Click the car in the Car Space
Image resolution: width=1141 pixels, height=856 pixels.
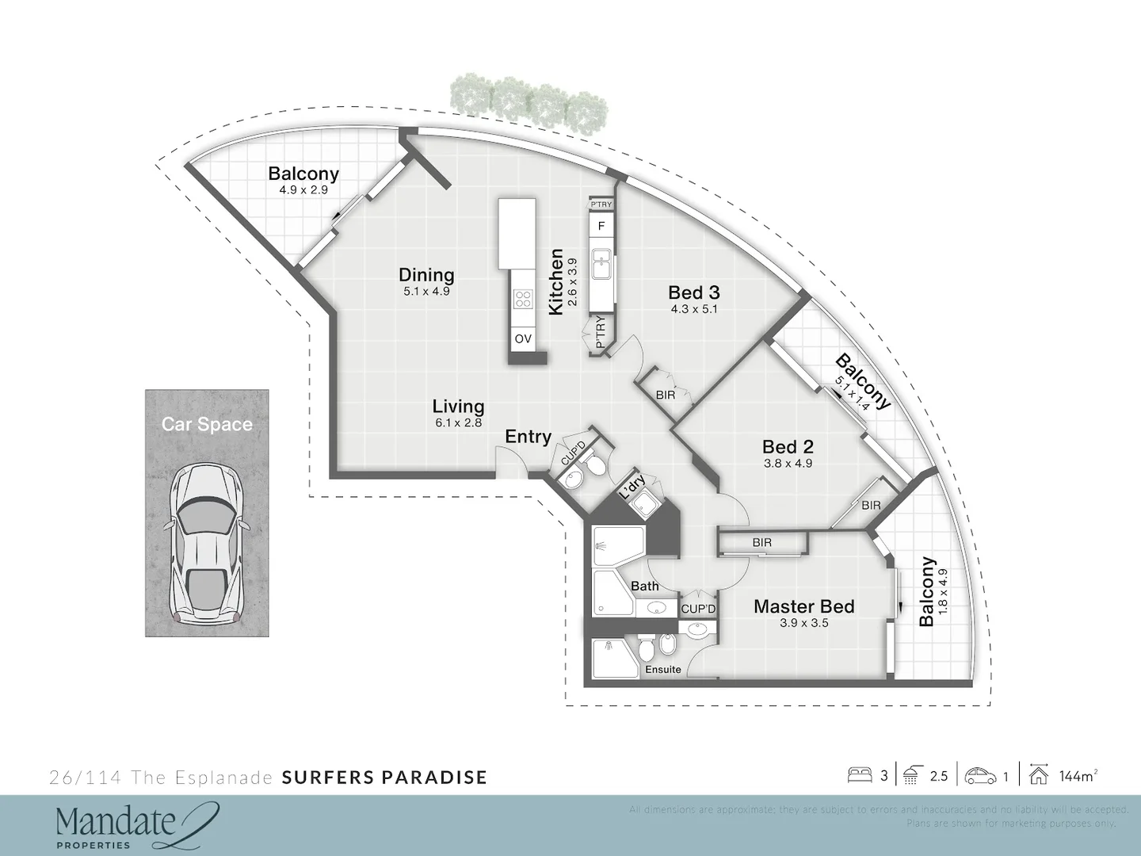tap(206, 542)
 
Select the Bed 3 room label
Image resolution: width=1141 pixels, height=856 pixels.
tap(693, 292)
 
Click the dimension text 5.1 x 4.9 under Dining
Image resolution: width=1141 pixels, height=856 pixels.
tap(426, 291)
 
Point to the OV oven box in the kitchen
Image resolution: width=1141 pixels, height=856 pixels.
tap(522, 338)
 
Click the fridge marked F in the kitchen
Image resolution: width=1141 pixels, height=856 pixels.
tap(601, 226)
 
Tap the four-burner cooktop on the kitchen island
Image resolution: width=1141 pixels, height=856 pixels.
tap(523, 298)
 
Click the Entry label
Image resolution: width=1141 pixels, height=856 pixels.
tap(528, 437)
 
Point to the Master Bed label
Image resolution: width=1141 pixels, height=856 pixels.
tap(803, 606)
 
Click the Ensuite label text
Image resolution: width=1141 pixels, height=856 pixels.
tap(662, 669)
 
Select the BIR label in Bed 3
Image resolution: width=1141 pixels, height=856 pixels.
tap(666, 394)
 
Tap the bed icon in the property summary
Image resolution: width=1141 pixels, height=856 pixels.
tap(860, 775)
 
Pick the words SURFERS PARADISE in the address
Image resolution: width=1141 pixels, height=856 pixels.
tap(384, 777)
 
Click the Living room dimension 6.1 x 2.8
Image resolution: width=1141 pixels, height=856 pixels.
tap(458, 422)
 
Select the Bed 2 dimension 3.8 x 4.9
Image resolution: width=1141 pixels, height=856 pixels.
tap(788, 464)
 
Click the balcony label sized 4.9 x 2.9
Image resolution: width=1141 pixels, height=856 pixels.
tap(303, 174)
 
